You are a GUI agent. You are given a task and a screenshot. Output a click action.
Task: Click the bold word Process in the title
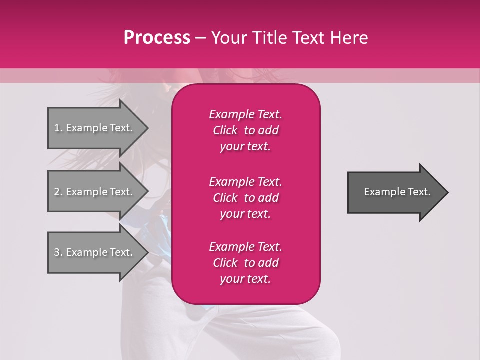click(157, 37)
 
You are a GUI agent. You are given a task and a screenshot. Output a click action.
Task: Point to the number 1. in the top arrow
click(58, 128)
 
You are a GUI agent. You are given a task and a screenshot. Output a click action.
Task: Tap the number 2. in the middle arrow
click(58, 192)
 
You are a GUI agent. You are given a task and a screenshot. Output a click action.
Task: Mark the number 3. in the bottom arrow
click(58, 252)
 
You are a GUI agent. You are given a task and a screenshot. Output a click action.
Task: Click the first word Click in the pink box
click(225, 130)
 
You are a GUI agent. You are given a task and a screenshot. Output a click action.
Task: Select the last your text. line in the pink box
click(245, 279)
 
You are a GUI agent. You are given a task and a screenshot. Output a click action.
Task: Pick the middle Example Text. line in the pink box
click(245, 181)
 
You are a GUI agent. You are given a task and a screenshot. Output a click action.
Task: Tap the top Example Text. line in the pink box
click(245, 114)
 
